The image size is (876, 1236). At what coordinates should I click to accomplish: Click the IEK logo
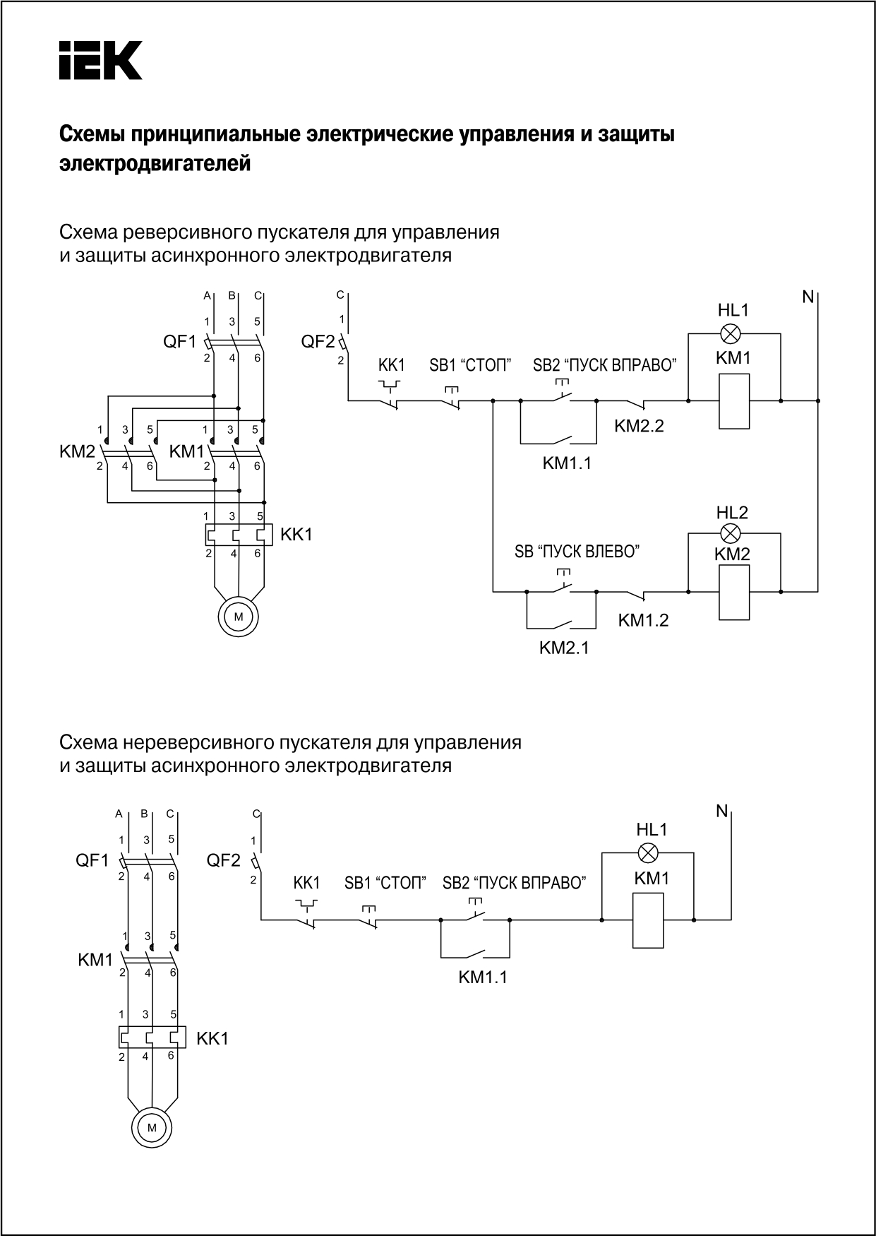tap(100, 60)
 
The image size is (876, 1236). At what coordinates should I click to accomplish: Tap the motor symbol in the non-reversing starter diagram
tap(152, 1127)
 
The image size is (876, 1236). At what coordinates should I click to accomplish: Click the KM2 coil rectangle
tap(734, 592)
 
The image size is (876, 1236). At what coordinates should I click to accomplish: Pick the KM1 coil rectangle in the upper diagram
tap(734, 401)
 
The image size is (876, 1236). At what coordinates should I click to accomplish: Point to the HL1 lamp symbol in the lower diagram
tap(647, 852)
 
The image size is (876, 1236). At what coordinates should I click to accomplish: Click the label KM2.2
tap(639, 426)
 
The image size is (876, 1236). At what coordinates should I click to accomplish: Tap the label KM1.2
tap(643, 620)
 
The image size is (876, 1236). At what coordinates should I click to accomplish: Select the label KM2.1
tap(564, 648)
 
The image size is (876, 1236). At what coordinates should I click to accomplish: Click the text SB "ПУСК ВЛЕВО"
tap(577, 552)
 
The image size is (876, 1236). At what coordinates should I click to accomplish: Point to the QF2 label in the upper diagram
tap(318, 342)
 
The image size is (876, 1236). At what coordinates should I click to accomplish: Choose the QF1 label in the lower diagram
tap(92, 860)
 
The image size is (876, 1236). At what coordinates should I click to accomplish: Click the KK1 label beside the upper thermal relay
tap(296, 535)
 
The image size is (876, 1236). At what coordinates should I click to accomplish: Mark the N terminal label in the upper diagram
tap(808, 297)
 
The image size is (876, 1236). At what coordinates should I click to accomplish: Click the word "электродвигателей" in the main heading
tap(155, 165)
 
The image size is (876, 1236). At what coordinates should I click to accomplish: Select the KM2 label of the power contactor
tap(77, 451)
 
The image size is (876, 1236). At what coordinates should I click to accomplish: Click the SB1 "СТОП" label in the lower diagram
tap(385, 883)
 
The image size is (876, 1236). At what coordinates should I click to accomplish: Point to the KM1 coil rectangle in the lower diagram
tap(648, 920)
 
